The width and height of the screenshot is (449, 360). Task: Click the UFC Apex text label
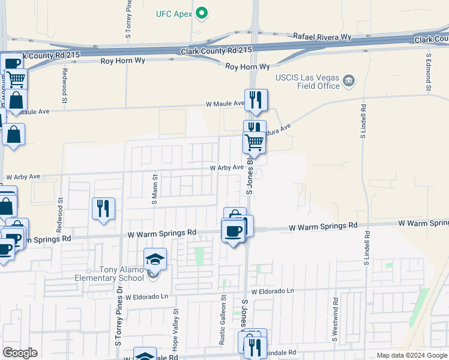tap(173, 13)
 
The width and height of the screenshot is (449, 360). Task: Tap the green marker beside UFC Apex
tap(202, 13)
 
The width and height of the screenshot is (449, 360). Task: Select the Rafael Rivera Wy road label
tap(322, 37)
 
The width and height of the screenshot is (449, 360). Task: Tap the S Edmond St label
tap(429, 73)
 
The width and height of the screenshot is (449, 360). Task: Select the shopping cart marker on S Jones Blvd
tap(255, 143)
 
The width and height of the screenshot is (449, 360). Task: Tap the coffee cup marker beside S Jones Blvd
tap(233, 232)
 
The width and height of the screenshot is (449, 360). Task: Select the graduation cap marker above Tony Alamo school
tap(155, 259)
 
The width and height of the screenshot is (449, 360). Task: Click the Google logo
tap(20, 353)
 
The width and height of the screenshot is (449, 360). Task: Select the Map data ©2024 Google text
tap(411, 355)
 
